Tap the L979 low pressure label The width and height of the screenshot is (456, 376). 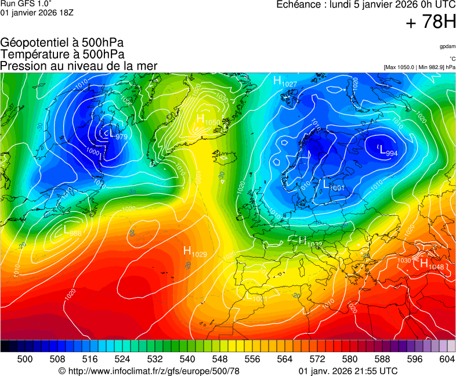[115, 135]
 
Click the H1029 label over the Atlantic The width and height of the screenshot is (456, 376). [195, 251]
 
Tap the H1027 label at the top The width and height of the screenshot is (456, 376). [285, 82]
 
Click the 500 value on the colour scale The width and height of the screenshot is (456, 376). [24, 359]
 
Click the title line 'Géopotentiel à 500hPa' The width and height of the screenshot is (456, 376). [62, 43]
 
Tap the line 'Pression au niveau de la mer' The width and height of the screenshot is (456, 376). [79, 66]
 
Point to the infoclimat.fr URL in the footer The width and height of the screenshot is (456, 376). [149, 371]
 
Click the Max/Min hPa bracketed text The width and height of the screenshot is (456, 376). [419, 67]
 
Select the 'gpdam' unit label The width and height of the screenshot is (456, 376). [447, 46]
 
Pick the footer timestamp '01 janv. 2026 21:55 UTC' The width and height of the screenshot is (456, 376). [348, 371]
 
